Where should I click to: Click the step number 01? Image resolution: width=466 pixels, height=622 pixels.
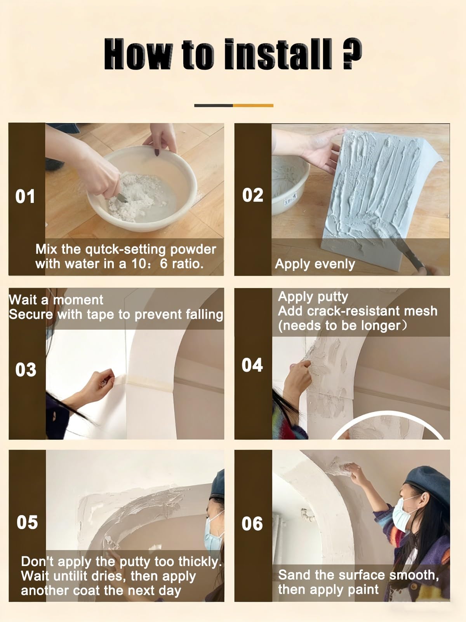(x=25, y=196)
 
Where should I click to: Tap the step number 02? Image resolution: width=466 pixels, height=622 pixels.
(x=253, y=195)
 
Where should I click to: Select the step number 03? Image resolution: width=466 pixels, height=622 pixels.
(x=26, y=370)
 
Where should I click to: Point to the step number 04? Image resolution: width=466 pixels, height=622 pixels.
(x=252, y=365)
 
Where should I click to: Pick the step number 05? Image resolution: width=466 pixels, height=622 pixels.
(x=27, y=522)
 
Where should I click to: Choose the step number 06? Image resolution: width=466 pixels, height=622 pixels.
(x=252, y=523)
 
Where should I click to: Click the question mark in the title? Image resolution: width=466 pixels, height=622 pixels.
(x=352, y=54)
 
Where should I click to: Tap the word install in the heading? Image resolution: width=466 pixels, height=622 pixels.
(x=278, y=54)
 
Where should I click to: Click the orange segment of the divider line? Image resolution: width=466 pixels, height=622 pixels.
(x=253, y=105)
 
